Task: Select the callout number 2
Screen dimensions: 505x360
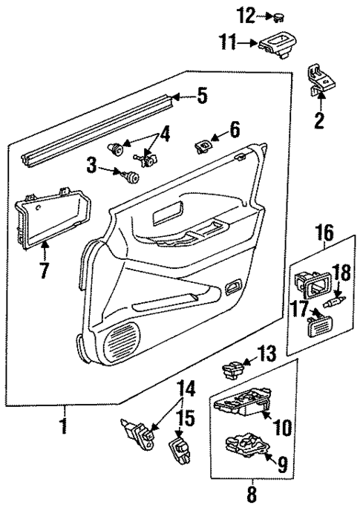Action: tap(319, 120)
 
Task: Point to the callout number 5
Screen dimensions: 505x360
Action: tap(201, 96)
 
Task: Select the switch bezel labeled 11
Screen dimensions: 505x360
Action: tap(279, 44)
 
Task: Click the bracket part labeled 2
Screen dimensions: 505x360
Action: tap(318, 80)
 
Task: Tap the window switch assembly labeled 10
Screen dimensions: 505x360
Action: tap(241, 404)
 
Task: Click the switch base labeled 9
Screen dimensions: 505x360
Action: tap(245, 445)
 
